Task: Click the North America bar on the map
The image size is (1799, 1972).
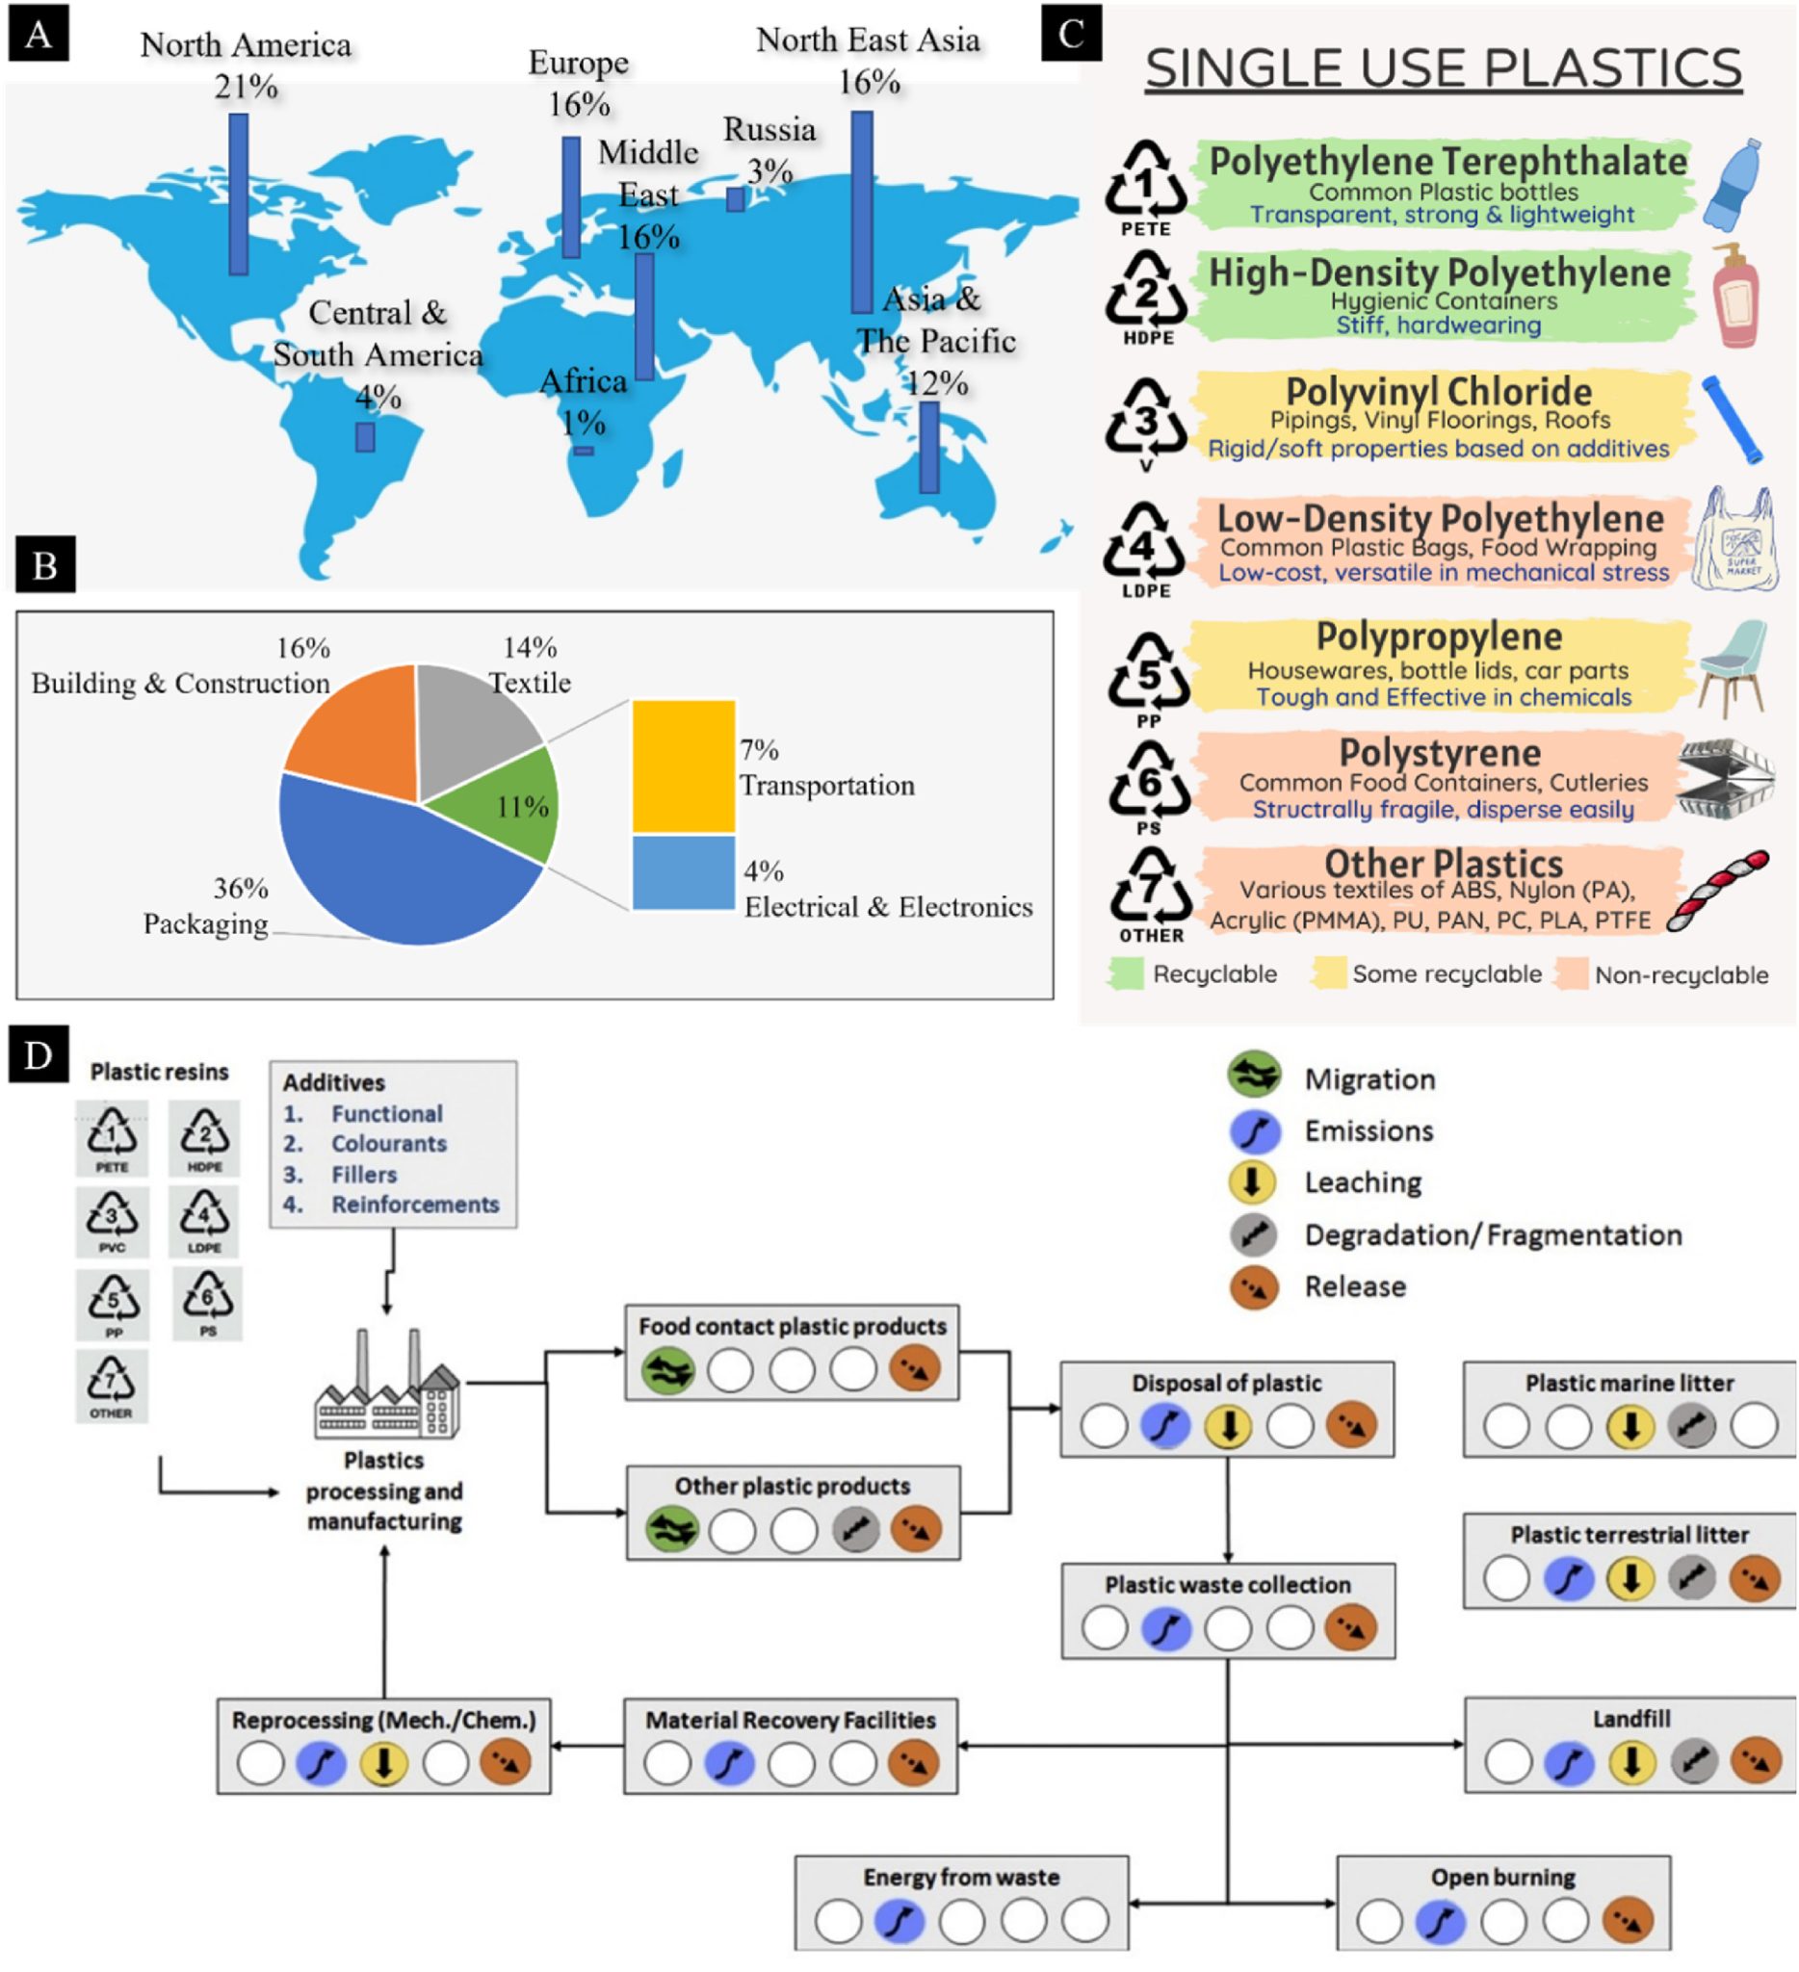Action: click(239, 194)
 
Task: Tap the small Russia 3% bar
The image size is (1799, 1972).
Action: click(736, 199)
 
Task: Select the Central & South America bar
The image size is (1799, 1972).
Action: click(365, 436)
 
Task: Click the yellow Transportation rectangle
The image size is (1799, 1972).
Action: click(683, 765)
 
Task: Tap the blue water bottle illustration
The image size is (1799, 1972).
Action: click(1734, 185)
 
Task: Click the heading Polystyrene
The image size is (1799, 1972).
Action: click(1439, 753)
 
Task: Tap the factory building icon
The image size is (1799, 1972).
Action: click(387, 1385)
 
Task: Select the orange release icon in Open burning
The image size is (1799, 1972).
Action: click(1628, 1920)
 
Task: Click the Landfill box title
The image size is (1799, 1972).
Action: click(1630, 1719)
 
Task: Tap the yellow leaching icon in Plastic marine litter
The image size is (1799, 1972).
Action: click(1630, 1426)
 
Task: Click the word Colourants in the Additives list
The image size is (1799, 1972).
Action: click(388, 1144)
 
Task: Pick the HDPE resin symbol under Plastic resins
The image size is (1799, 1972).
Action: click(204, 1137)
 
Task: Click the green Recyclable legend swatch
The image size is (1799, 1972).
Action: click(1127, 974)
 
